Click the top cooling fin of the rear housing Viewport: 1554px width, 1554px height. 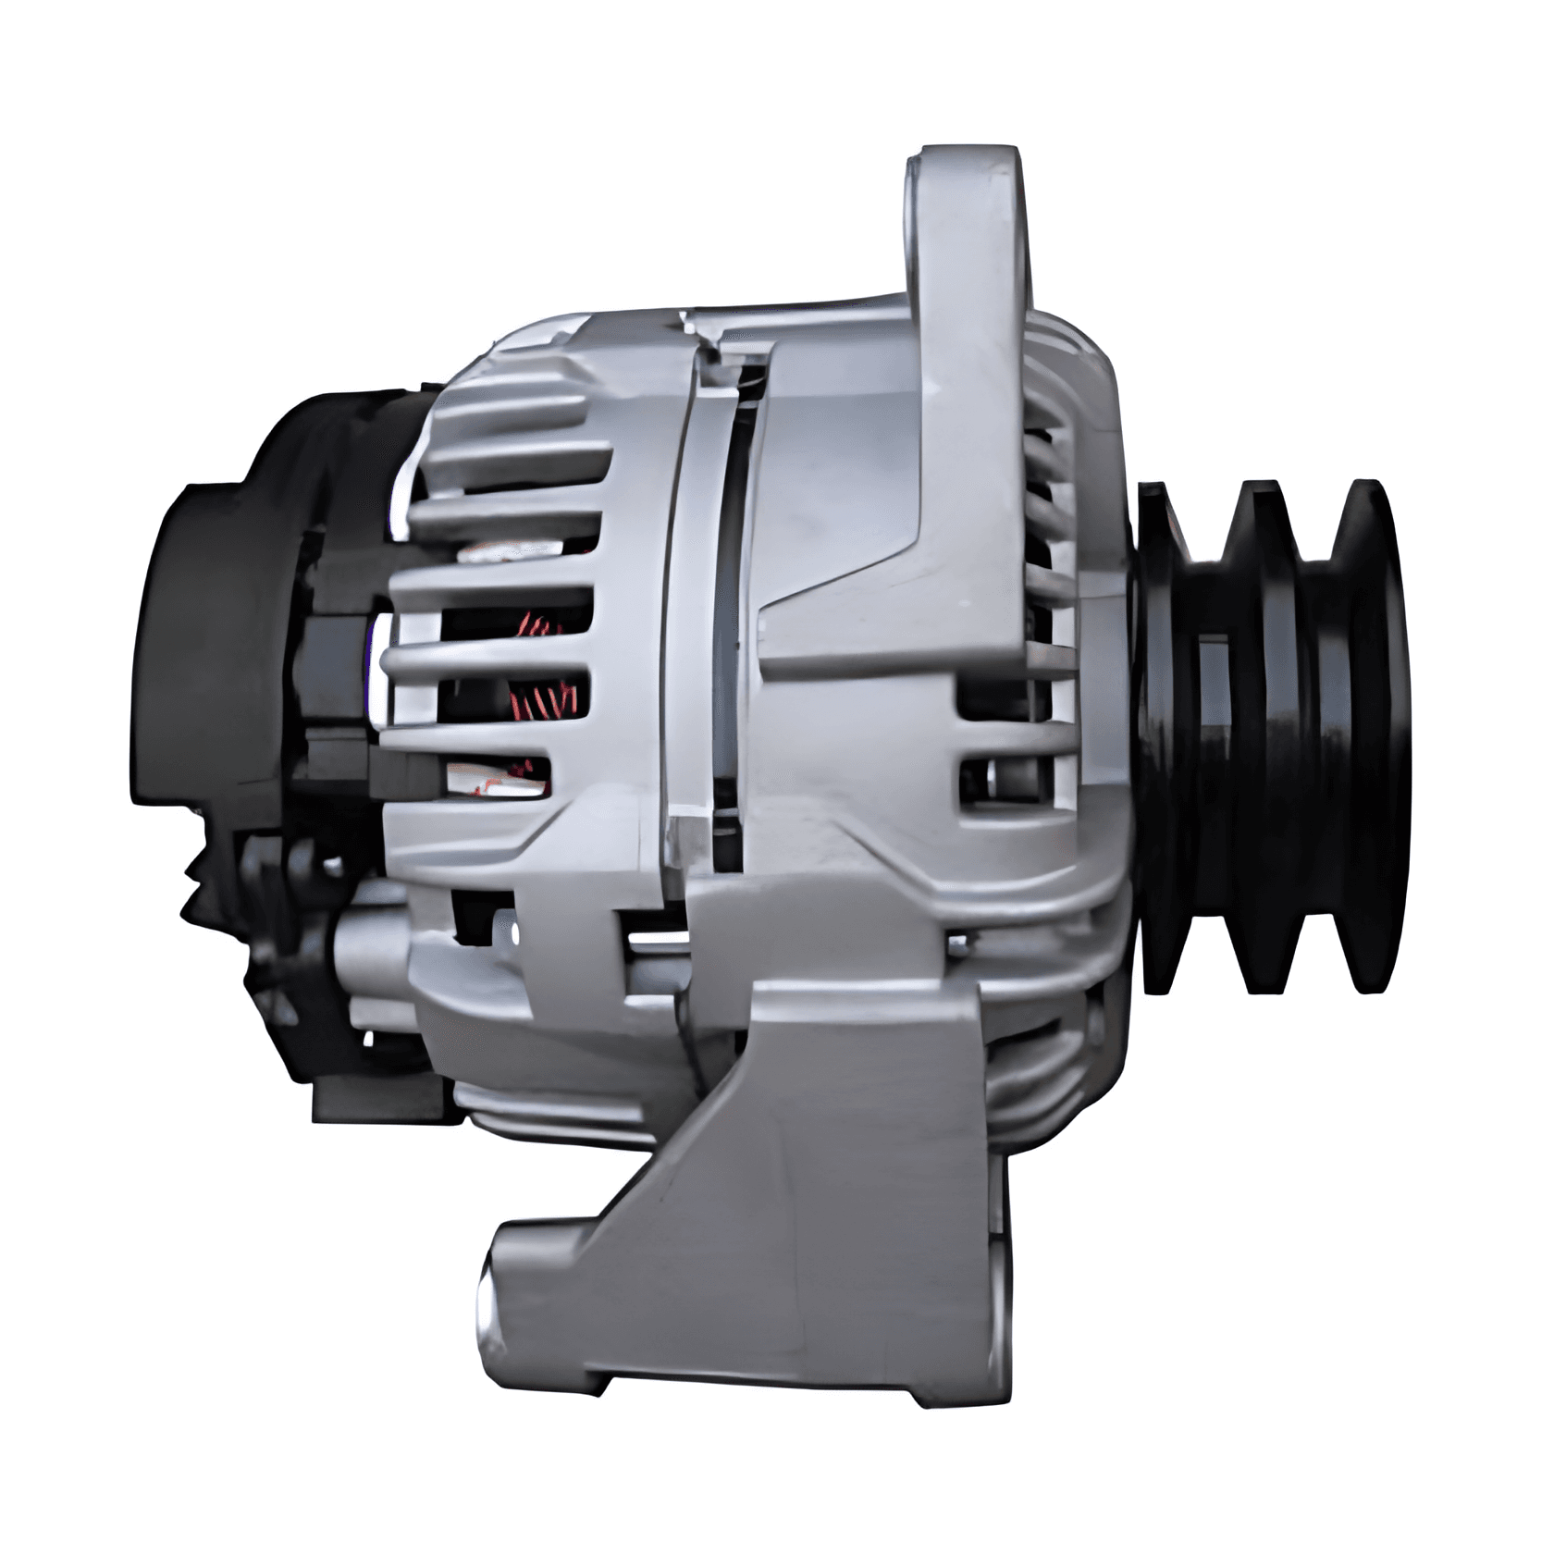point(518,407)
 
